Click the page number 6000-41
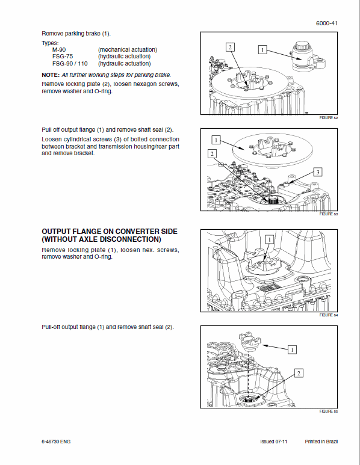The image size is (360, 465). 326,23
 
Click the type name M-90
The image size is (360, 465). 59,49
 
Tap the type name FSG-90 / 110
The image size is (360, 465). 68,63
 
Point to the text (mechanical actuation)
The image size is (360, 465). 128,49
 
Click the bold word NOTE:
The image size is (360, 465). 51,75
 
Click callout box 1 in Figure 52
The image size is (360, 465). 262,50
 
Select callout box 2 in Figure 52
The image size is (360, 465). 230,47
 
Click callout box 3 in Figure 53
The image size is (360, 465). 317,173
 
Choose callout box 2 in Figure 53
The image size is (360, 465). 212,154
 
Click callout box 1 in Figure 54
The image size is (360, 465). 269,239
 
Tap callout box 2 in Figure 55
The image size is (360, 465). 298,374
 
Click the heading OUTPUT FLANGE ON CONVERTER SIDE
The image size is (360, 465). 110,232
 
